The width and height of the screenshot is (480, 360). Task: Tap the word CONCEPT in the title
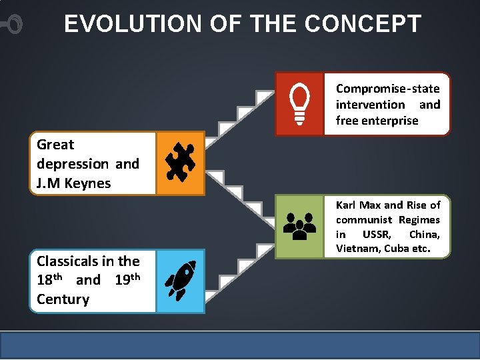click(x=363, y=24)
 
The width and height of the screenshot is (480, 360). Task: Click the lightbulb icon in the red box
click(x=299, y=105)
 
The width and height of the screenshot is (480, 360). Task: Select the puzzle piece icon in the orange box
click(x=180, y=163)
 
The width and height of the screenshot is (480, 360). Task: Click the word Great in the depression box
click(x=55, y=145)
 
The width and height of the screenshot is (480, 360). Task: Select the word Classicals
click(x=66, y=261)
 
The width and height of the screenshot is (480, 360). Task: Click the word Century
click(x=63, y=299)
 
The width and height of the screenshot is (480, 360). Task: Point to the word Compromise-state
click(x=387, y=89)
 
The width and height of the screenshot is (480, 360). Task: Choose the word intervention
click(x=370, y=105)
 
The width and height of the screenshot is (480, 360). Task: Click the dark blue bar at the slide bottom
click(x=240, y=345)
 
